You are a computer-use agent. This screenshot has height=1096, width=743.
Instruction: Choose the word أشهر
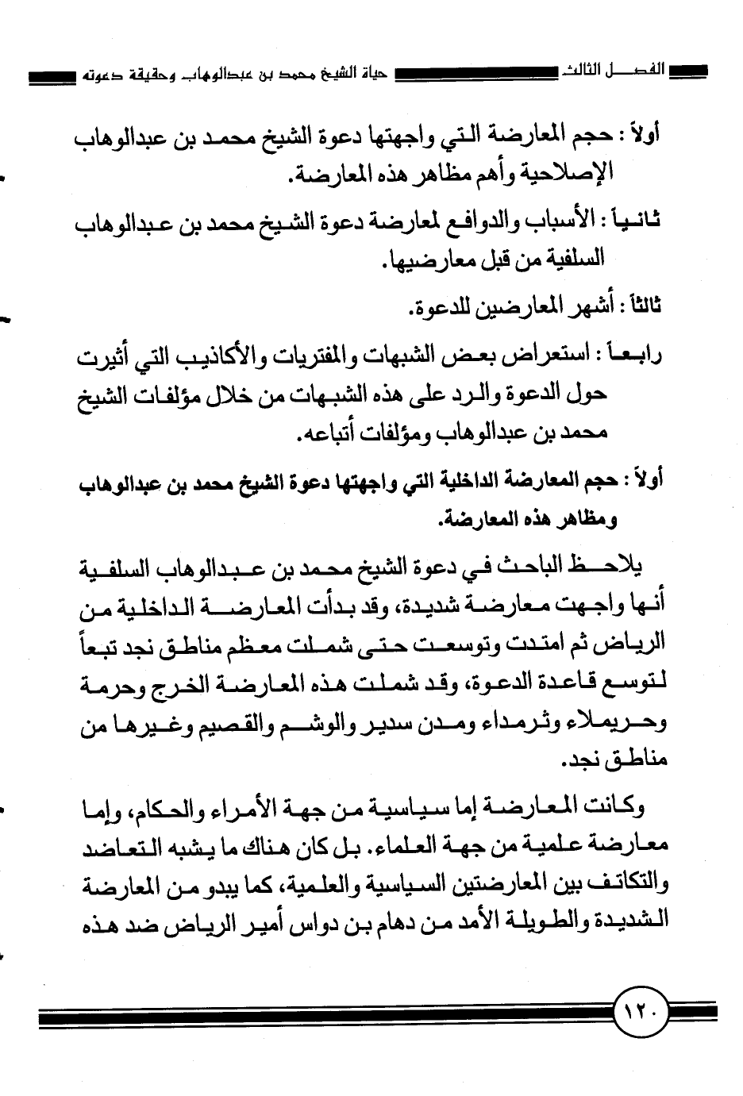(x=569, y=302)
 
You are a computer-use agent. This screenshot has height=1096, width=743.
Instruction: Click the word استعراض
(x=555, y=358)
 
